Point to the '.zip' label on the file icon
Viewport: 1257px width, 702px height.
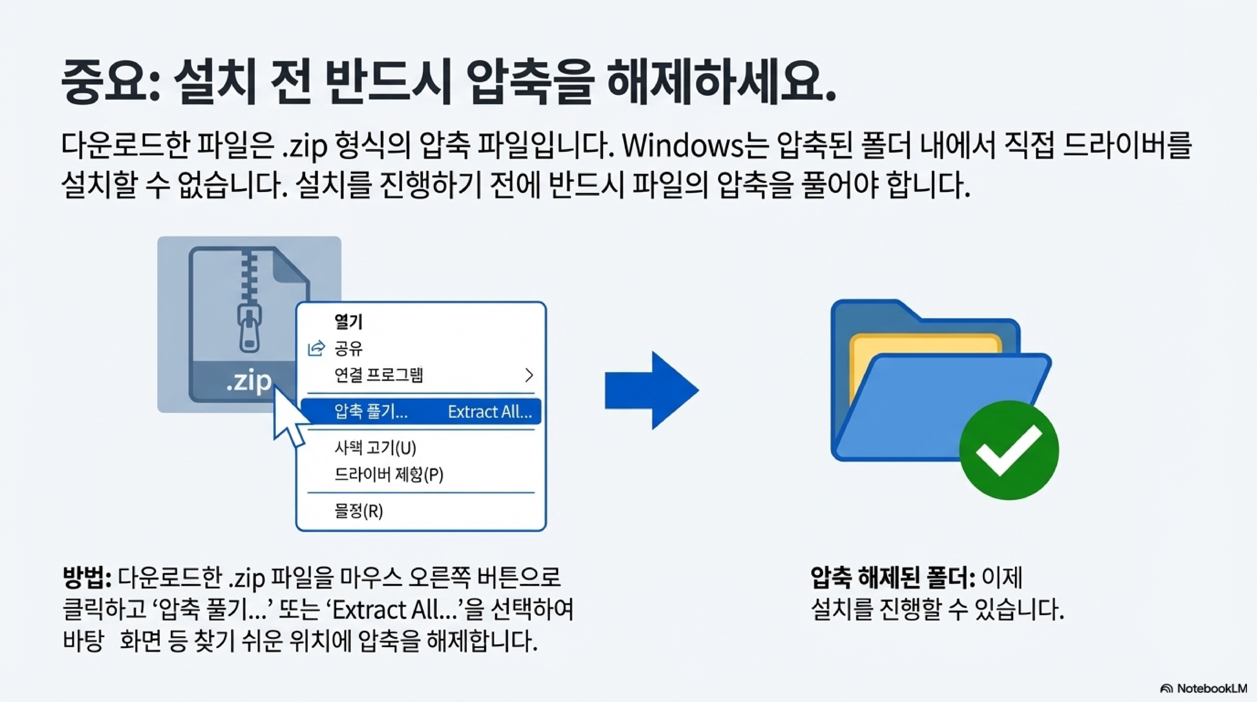pyautogui.click(x=249, y=381)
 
